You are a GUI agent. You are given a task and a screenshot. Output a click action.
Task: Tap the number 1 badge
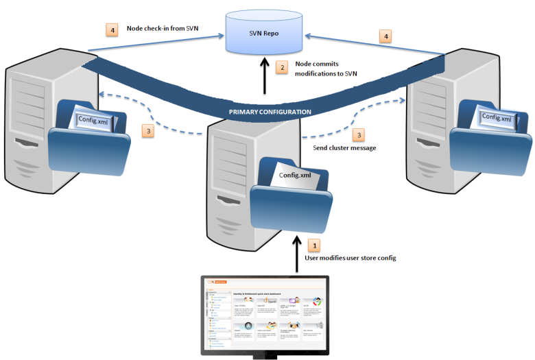point(314,243)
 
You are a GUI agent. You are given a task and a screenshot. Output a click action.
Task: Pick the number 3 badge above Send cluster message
point(358,135)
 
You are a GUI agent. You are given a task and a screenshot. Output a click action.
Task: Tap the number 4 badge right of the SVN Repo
point(386,35)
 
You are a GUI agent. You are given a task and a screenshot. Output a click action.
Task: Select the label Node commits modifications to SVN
point(326,69)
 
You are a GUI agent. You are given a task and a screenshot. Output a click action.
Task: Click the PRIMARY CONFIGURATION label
point(270,111)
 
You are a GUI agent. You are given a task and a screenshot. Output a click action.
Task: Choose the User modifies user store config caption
point(350,258)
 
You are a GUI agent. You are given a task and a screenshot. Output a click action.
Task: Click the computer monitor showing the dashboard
point(265,315)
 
